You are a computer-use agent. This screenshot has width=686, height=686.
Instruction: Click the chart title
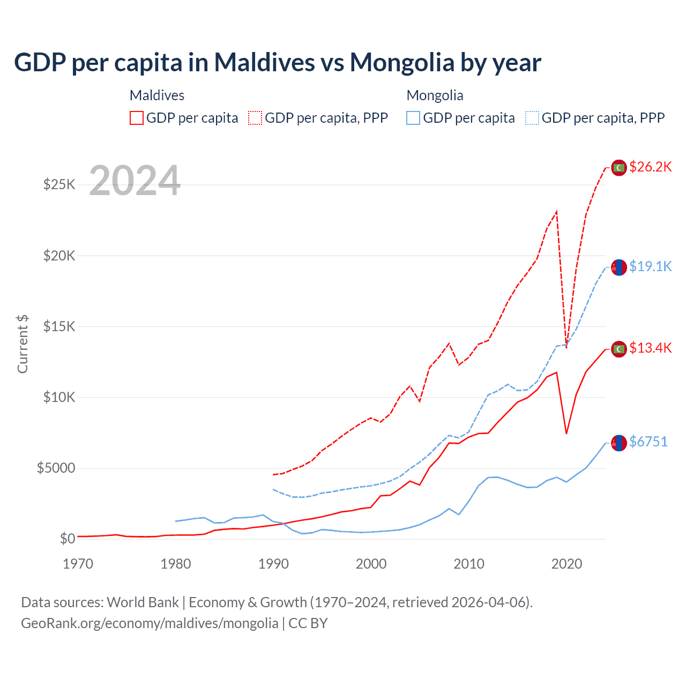click(x=278, y=62)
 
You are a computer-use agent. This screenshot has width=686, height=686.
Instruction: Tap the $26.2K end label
click(x=650, y=167)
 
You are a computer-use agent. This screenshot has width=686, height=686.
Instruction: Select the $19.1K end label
click(x=650, y=266)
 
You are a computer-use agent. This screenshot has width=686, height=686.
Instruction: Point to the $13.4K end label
click(x=650, y=348)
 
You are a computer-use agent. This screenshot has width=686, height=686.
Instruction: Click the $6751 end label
click(x=648, y=442)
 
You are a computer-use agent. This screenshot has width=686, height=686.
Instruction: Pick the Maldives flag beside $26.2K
click(x=619, y=168)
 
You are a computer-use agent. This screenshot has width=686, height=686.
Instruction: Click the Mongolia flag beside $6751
click(x=619, y=443)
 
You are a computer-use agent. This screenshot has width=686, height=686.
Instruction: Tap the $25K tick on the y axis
click(x=59, y=185)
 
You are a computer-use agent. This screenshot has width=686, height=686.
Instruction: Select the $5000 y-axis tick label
click(x=56, y=468)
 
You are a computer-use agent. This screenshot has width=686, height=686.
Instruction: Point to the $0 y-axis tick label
click(x=67, y=539)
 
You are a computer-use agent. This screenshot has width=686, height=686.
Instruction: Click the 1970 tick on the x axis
click(x=78, y=564)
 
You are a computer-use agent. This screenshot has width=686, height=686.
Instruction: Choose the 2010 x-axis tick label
click(x=469, y=564)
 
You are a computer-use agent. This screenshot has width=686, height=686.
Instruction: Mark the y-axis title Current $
click(x=23, y=344)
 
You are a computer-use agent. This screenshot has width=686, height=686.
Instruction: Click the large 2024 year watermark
click(x=135, y=181)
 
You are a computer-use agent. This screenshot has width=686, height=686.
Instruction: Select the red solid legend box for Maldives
click(x=137, y=118)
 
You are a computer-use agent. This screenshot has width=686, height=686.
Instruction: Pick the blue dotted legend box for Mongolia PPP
click(x=532, y=118)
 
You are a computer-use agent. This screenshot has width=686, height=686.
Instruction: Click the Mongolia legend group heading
click(x=435, y=95)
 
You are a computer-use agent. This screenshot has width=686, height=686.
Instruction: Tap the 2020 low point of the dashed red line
click(x=566, y=347)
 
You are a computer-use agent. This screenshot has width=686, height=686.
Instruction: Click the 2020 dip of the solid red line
click(x=566, y=433)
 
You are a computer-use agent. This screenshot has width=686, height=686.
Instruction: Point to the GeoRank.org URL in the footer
click(x=150, y=623)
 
